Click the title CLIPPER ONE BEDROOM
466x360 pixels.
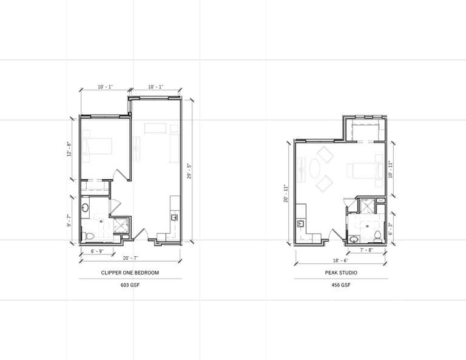[130, 273]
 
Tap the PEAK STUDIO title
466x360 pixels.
[341, 273]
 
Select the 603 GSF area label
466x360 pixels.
[130, 285]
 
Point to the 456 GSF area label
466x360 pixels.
[341, 285]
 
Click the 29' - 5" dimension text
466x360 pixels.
[189, 171]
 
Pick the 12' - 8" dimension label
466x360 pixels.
[70, 149]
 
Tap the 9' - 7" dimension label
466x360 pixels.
[69, 220]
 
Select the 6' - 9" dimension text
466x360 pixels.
[97, 251]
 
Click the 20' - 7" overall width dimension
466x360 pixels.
[131, 258]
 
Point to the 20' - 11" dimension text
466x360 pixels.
[286, 194]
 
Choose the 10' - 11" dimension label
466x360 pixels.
[391, 169]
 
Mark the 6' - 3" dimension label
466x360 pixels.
[391, 229]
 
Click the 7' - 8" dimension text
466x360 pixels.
[366, 250]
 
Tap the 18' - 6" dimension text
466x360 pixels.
[340, 260]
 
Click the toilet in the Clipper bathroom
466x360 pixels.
[88, 236]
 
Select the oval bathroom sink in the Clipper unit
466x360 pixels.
[86, 207]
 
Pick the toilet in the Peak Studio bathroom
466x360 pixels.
[378, 236]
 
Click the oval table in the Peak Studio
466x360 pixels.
[314, 169]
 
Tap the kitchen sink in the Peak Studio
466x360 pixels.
[300, 223]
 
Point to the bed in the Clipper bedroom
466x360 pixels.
[97, 146]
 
